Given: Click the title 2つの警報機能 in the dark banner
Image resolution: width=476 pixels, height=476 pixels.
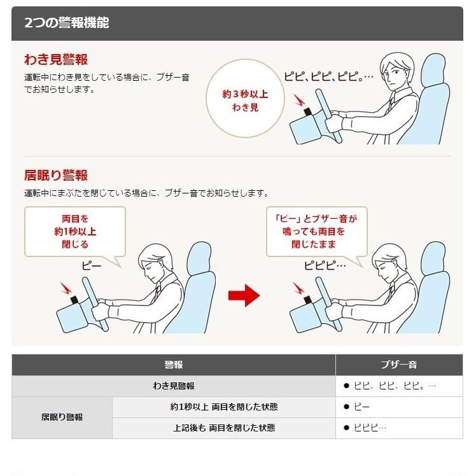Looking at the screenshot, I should click(66, 23).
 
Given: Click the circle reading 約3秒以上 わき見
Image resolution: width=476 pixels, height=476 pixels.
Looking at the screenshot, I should click(245, 101).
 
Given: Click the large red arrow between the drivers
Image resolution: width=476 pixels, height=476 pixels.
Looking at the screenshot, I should click(244, 295).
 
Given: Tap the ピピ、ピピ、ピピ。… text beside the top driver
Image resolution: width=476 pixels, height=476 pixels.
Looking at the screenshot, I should click(328, 77).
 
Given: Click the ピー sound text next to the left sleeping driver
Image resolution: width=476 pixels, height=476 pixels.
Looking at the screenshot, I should click(92, 265).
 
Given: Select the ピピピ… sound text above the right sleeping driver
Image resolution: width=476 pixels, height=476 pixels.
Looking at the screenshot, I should click(325, 265).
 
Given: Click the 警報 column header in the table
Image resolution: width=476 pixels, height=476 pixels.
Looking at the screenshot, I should click(173, 365).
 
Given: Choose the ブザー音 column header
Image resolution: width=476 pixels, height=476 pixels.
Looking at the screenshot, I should click(398, 365).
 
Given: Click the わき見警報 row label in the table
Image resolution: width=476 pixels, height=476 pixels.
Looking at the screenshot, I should click(173, 386).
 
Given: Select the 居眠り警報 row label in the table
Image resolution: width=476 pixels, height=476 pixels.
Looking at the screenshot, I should click(62, 417).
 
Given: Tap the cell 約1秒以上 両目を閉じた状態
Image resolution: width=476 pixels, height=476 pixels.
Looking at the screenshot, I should click(224, 407).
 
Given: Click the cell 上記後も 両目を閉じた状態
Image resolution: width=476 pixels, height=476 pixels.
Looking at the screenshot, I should click(224, 428).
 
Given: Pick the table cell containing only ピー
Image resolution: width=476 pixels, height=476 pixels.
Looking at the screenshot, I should click(398, 407).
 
